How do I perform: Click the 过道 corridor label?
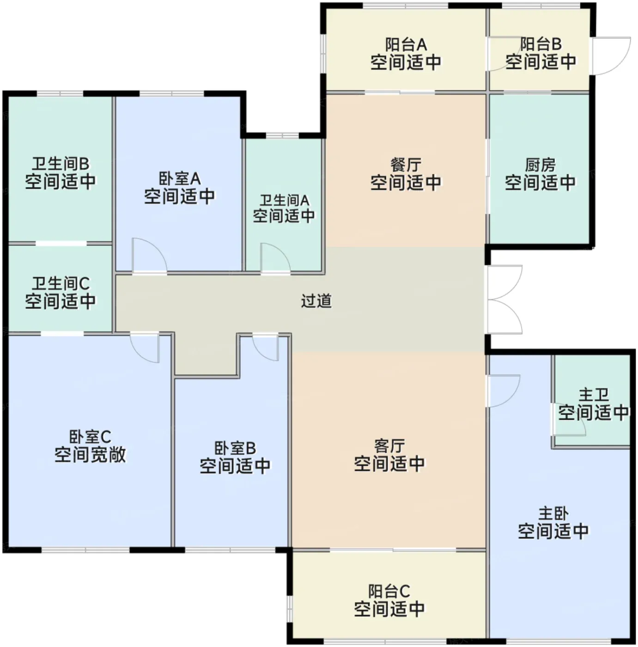tap(316, 301)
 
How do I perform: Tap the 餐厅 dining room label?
tap(406, 165)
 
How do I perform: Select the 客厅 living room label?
tap(389, 446)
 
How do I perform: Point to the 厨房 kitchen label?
tap(540, 165)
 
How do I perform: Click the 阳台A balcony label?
tap(406, 44)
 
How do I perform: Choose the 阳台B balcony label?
tap(541, 44)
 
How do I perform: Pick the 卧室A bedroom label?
tap(180, 178)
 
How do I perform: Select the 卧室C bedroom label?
tap(90, 437)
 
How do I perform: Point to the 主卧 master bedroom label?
tap(553, 514)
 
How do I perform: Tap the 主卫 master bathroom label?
tap(593, 395)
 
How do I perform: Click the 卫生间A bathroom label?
tap(284, 201)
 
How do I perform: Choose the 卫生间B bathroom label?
tap(61, 164)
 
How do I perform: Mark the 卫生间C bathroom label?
tap(61, 284)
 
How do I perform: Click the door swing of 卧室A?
tap(150, 255)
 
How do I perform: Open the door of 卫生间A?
tap(276, 257)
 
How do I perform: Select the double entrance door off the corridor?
tap(504, 299)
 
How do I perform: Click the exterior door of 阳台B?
tap(612, 56)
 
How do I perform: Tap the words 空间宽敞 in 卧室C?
tap(90, 455)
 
